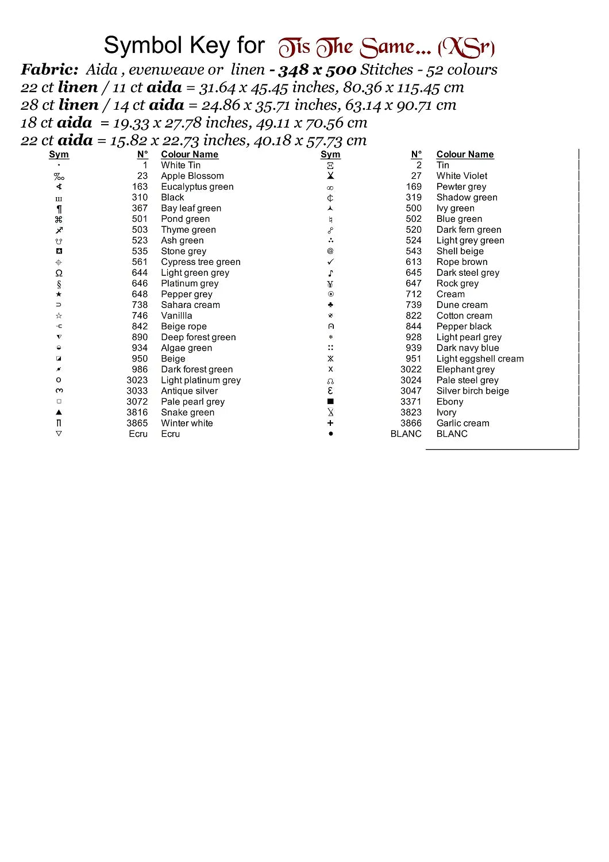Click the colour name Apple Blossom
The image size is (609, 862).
click(x=192, y=176)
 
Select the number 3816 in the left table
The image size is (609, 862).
click(x=137, y=412)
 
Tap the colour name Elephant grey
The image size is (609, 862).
click(x=465, y=369)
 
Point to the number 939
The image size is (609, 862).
click(x=414, y=348)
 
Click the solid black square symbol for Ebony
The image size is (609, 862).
click(x=330, y=402)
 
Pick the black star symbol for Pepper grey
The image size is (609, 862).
click(x=59, y=294)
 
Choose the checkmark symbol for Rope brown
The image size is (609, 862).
click(x=330, y=262)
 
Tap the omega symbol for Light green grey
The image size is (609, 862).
click(x=59, y=273)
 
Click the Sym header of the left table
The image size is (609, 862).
click(x=59, y=154)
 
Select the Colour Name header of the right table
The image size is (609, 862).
click(x=465, y=154)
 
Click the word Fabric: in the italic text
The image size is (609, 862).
click(x=49, y=70)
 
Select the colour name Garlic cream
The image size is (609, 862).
click(x=463, y=423)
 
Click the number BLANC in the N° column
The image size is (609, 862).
click(x=406, y=434)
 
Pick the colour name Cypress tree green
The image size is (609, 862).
click(x=201, y=262)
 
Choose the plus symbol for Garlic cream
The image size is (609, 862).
click(x=330, y=423)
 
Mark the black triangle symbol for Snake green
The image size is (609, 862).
click(x=59, y=412)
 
